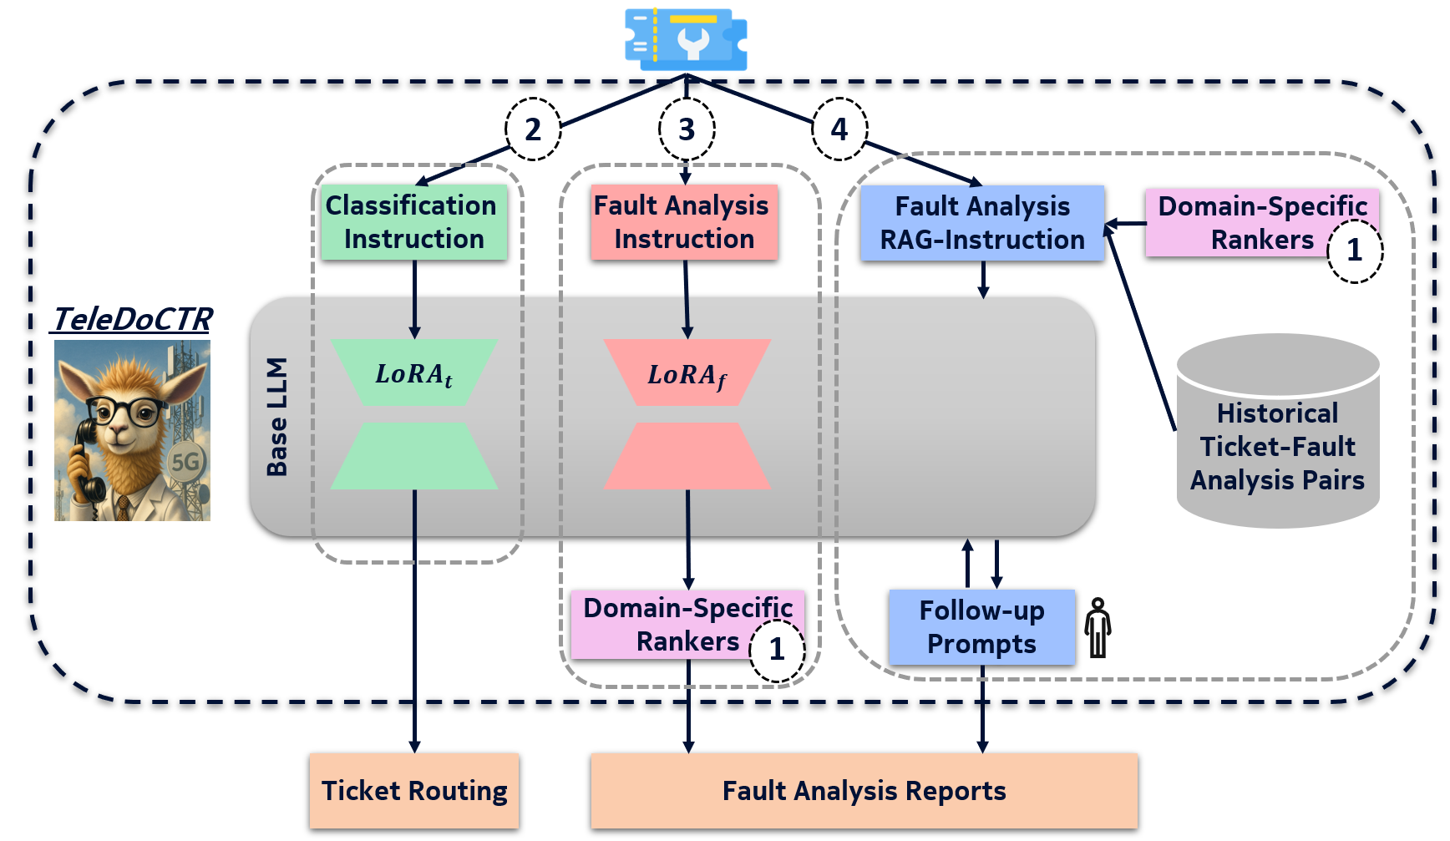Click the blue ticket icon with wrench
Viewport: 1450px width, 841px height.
click(x=686, y=39)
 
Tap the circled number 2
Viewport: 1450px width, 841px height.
click(x=533, y=129)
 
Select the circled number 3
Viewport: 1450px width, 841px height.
click(x=687, y=129)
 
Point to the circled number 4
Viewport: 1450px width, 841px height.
click(x=839, y=129)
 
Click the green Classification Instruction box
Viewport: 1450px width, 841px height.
click(x=414, y=222)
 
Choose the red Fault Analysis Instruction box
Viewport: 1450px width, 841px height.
click(x=684, y=222)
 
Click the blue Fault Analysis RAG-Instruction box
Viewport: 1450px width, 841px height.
click(x=982, y=223)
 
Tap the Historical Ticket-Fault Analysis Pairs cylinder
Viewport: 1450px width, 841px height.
click(x=1278, y=431)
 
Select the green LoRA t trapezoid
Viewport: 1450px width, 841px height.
click(x=414, y=372)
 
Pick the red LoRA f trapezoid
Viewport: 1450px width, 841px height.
click(x=687, y=372)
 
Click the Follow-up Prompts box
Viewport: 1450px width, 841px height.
click(x=981, y=627)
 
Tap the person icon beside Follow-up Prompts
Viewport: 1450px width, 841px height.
click(x=1098, y=628)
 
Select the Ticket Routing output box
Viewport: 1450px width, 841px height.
click(x=414, y=791)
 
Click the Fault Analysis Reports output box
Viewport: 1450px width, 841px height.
click(x=864, y=791)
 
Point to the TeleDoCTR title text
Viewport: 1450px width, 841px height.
click(x=132, y=319)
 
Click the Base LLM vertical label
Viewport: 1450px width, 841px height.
click(x=277, y=417)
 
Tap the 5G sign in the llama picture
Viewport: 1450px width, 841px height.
click(x=185, y=462)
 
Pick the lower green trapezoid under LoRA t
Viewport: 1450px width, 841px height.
click(x=414, y=456)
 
